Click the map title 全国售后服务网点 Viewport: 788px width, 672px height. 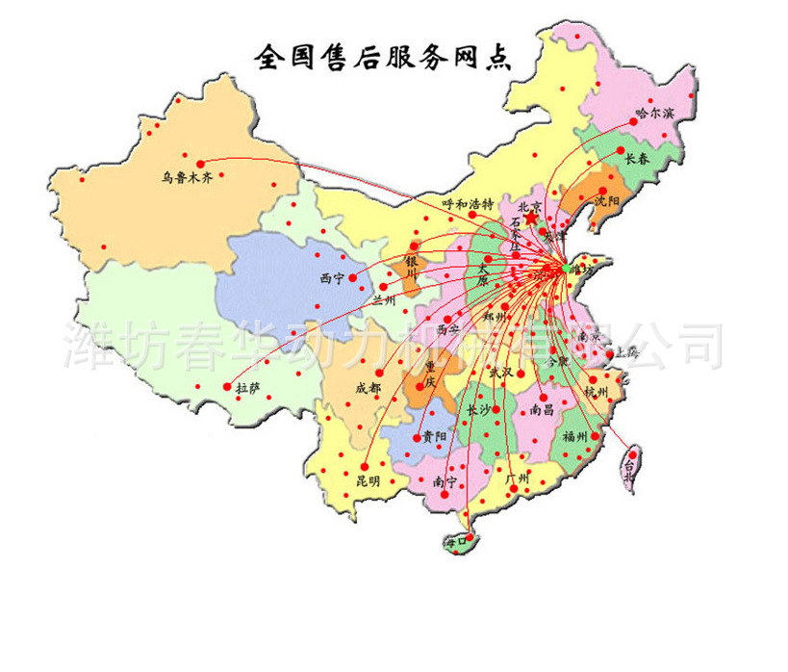[382, 57]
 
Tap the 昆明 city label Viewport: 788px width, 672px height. [368, 479]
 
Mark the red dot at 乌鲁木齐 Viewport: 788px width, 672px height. [200, 163]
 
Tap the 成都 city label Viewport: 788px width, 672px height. [368, 388]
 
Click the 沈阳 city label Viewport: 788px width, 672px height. [606, 202]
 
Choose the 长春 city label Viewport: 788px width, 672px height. [636, 159]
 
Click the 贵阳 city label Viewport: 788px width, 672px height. [434, 436]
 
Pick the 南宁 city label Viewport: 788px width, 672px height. [445, 480]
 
